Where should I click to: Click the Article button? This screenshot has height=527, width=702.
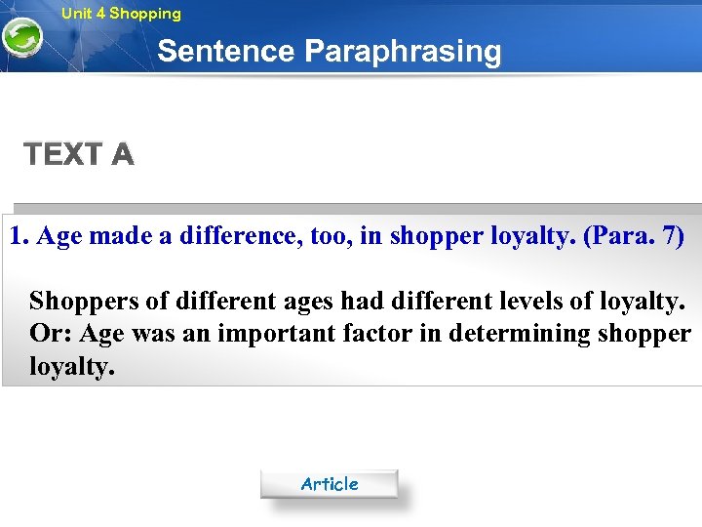click(329, 484)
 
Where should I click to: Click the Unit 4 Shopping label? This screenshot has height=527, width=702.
click(121, 14)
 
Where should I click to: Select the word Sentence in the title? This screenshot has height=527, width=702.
click(226, 51)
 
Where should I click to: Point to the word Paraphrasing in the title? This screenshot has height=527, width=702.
click(403, 51)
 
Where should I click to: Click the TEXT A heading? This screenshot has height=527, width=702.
click(79, 154)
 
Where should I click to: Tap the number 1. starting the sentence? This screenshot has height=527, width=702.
click(19, 236)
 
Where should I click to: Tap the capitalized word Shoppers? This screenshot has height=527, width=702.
click(81, 301)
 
